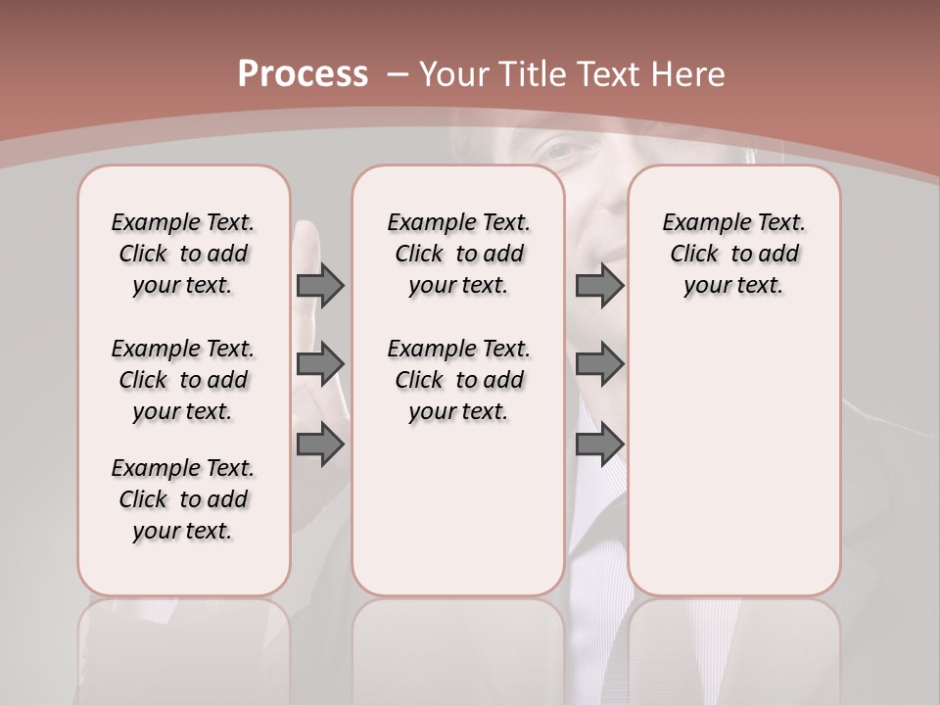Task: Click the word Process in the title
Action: click(303, 74)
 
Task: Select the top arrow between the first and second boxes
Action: click(320, 285)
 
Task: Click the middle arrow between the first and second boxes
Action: click(320, 364)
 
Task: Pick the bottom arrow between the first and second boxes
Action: click(320, 445)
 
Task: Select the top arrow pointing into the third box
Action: click(599, 285)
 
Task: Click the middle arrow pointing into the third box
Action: click(599, 364)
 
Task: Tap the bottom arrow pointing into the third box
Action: click(599, 445)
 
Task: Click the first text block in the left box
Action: click(183, 254)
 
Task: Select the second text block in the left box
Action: click(183, 380)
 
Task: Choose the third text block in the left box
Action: click(183, 499)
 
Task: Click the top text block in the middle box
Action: click(458, 254)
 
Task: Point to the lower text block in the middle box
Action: click(458, 380)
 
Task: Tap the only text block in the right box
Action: click(733, 254)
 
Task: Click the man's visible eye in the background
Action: click(559, 152)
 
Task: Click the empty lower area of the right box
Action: click(733, 460)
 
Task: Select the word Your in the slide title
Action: click(456, 74)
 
